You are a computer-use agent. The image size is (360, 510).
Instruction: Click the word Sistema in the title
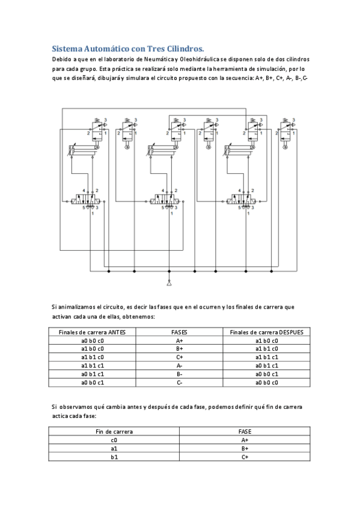[x=67, y=48]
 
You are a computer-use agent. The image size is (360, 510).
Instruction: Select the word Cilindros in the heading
[x=185, y=48]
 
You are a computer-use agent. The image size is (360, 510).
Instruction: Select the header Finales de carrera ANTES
[x=93, y=332]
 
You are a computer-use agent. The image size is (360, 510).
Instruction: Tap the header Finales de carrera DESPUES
[x=267, y=332]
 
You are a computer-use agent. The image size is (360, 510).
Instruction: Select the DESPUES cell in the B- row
[x=267, y=373]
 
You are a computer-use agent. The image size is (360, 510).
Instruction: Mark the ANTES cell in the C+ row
[x=93, y=357]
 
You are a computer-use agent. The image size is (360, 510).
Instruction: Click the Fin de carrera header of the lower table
[x=114, y=432]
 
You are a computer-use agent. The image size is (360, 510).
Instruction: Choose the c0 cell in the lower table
[x=114, y=440]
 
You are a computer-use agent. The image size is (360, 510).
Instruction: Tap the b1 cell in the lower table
[x=114, y=457]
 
